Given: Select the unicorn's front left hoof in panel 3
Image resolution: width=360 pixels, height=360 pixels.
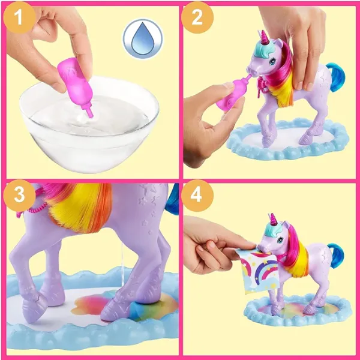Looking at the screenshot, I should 37,305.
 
